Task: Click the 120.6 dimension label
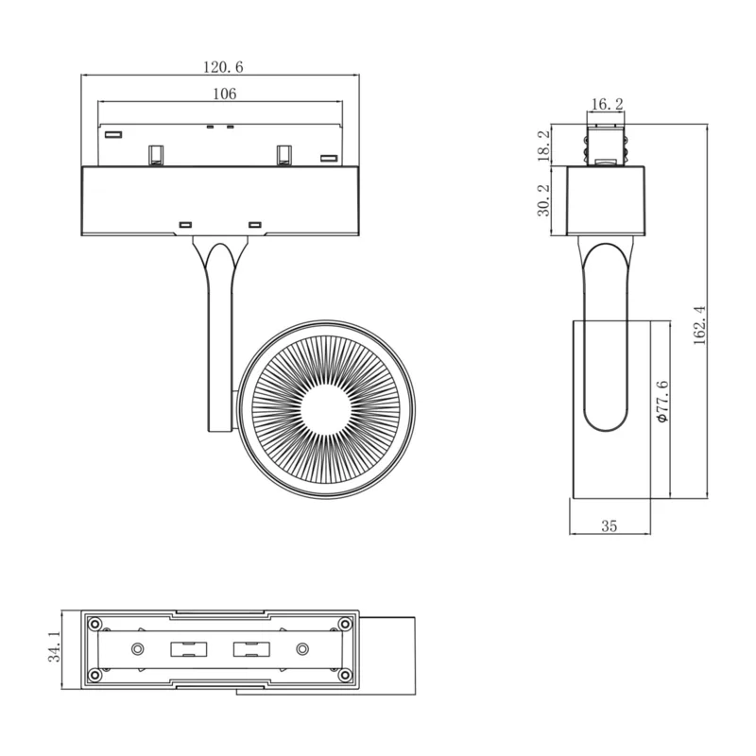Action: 223,67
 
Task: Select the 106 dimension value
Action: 225,94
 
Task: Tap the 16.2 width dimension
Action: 607,104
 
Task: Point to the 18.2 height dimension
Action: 543,146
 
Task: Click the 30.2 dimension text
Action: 543,200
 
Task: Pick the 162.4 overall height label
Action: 699,325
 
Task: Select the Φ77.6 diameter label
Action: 663,401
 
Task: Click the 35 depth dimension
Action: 609,526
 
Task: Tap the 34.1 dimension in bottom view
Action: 55,646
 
